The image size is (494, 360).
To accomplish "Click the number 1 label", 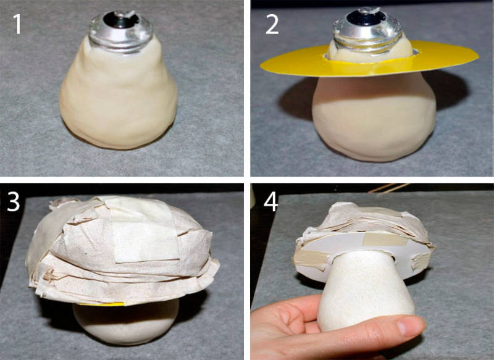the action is click(x=17, y=24).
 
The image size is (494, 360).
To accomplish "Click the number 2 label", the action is click(x=272, y=24).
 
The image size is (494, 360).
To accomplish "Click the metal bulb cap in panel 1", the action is click(x=121, y=31).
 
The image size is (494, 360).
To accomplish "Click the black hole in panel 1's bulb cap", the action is click(x=120, y=20).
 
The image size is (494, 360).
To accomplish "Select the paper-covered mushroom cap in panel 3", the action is click(x=122, y=249).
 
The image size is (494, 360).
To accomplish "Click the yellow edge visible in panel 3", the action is click(x=101, y=304).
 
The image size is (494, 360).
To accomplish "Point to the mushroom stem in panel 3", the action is click(x=126, y=323).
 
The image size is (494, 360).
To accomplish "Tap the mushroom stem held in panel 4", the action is click(x=366, y=290).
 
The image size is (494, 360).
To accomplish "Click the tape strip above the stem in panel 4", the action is click(x=382, y=240).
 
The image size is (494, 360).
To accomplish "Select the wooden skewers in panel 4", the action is click(x=389, y=188).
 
